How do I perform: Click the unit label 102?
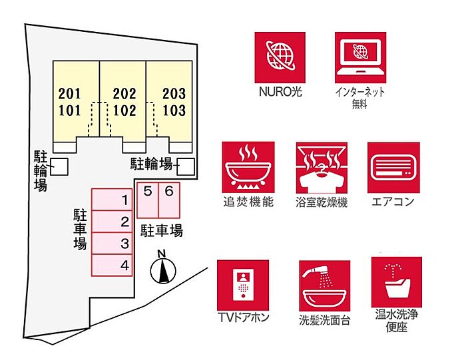(124, 108)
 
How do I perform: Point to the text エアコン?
(392, 202)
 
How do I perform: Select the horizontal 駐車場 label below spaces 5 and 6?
(161, 231)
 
